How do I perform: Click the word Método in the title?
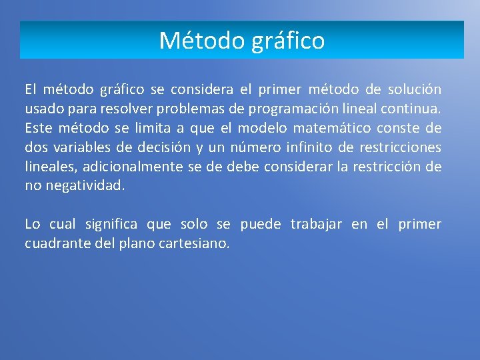(203, 41)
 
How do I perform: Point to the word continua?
(413, 109)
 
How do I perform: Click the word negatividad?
(84, 186)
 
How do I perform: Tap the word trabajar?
(315, 225)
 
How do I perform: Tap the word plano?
(139, 244)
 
